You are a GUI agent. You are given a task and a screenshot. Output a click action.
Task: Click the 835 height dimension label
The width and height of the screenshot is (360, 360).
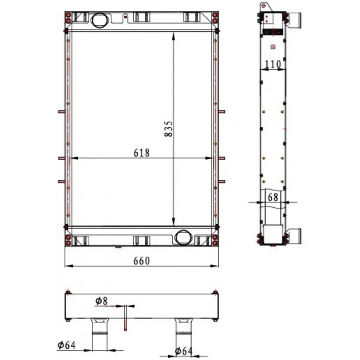click(x=168, y=129)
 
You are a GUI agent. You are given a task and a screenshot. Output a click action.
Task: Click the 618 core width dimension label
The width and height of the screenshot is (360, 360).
click(x=142, y=153)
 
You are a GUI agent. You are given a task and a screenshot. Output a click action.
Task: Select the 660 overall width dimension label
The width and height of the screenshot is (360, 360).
click(x=142, y=261)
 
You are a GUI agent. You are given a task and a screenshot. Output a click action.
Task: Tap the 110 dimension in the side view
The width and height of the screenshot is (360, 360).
click(x=273, y=64)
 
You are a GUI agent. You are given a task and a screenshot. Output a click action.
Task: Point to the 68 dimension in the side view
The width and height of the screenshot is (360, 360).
click(x=273, y=197)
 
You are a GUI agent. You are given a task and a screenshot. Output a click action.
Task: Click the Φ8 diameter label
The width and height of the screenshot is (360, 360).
click(x=102, y=301)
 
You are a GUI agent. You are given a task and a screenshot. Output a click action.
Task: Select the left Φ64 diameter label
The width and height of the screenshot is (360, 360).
click(x=67, y=345)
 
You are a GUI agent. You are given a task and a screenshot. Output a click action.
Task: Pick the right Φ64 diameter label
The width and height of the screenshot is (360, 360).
click(x=184, y=351)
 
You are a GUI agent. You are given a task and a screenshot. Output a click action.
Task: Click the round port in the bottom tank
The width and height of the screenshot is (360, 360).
click(x=183, y=237)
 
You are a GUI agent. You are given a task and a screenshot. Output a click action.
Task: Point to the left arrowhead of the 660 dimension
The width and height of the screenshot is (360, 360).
click(x=69, y=266)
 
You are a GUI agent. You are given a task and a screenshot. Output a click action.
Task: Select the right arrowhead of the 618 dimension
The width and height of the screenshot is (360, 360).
click(x=209, y=158)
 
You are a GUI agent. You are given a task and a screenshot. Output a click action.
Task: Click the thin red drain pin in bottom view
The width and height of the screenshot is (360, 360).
click(x=126, y=318)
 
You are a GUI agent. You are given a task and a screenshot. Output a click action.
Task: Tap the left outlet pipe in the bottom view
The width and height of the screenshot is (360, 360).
click(x=99, y=334)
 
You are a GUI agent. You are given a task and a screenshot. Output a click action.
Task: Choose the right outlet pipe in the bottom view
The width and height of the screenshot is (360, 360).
click(x=183, y=334)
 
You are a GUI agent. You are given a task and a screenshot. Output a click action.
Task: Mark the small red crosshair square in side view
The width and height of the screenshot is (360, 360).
click(x=273, y=47)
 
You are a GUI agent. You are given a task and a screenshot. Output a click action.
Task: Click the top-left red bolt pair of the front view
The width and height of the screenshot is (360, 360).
click(x=68, y=18)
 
